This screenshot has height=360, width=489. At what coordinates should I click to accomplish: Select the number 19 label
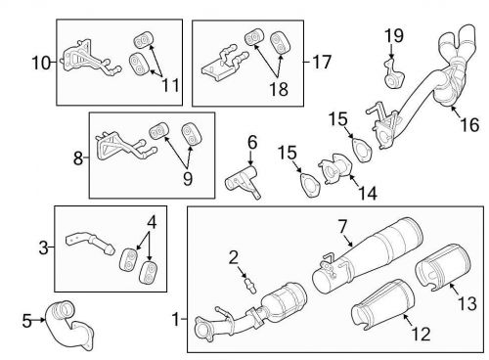click(x=392, y=37)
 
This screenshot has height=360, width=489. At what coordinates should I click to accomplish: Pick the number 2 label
click(x=234, y=257)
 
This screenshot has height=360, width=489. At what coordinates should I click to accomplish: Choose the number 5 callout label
click(x=26, y=318)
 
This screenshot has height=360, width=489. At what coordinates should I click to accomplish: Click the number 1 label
click(x=175, y=318)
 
